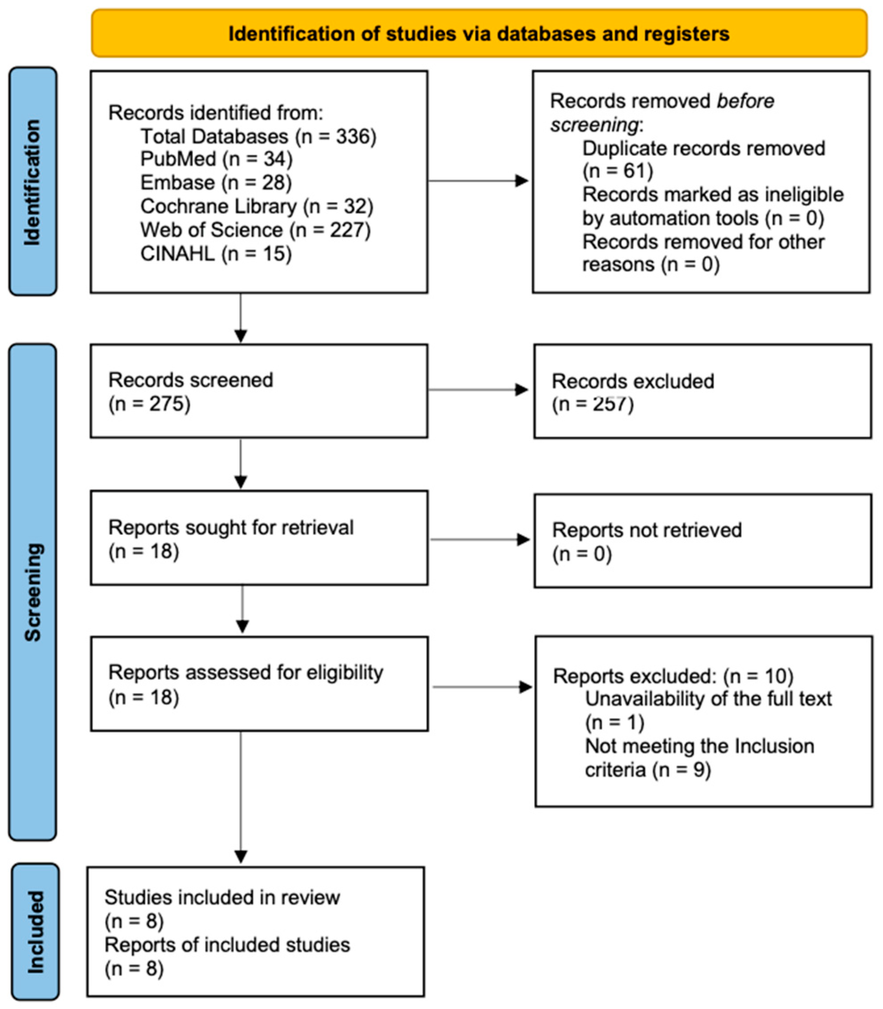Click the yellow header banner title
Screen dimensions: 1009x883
[x=479, y=34]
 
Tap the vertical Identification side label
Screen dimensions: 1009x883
[x=33, y=182]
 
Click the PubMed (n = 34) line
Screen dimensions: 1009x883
[x=216, y=159]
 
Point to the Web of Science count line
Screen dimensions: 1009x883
[x=255, y=230]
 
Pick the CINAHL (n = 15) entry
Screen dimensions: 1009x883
[x=216, y=254]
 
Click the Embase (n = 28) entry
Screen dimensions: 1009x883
[x=216, y=183]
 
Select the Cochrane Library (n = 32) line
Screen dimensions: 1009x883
[x=256, y=207]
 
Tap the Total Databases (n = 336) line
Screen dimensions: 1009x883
[x=258, y=136]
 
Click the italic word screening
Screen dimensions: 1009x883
[x=594, y=125]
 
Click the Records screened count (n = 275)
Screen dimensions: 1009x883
[x=149, y=404]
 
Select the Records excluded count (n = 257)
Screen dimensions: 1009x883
[x=593, y=405]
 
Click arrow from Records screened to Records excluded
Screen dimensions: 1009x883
[x=478, y=390]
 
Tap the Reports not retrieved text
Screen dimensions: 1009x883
[x=647, y=530]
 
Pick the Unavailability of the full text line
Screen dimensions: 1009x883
[x=708, y=699]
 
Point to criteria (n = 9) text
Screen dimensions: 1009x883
[x=648, y=770]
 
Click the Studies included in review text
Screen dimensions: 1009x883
[x=222, y=898]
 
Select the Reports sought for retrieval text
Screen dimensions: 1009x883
[x=231, y=528]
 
